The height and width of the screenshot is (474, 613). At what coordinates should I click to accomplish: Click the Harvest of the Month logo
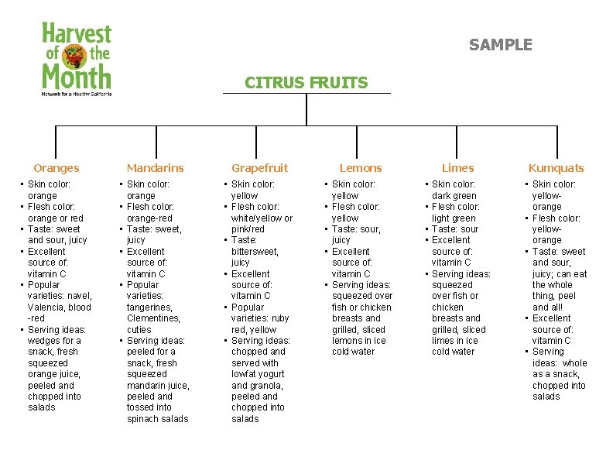pos(77,59)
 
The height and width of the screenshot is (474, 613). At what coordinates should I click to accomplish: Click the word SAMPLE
pos(500,45)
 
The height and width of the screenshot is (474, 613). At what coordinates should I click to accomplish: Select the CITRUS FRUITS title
pos(306,82)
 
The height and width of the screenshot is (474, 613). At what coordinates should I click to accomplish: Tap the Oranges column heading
pos(57,168)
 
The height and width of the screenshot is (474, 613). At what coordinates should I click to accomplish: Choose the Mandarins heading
pos(155,168)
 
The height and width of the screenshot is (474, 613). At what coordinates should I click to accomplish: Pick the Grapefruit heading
pos(259,168)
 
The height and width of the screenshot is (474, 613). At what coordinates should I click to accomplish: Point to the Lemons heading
pos(361,168)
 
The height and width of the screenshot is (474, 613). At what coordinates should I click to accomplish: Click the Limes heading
pos(457,168)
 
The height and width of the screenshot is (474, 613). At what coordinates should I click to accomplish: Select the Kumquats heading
pos(556,168)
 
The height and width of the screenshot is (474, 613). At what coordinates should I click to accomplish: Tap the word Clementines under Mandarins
pos(153,318)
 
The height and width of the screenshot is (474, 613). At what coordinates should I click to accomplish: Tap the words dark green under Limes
pos(454,196)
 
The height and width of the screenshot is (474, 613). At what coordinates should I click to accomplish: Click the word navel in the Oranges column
pos(80,296)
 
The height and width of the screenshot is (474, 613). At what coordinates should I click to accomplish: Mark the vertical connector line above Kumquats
pos(556,143)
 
